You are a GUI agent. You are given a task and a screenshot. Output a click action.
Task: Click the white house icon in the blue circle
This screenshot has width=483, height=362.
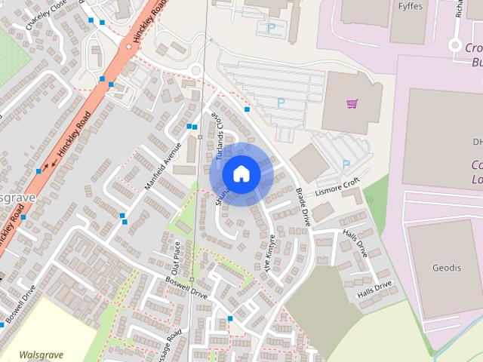241,173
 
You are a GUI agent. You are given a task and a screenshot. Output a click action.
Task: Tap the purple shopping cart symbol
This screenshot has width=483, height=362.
352,104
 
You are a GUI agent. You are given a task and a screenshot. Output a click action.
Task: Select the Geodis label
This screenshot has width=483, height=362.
446,267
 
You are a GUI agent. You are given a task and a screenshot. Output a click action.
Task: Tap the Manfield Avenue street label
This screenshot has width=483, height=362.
165,165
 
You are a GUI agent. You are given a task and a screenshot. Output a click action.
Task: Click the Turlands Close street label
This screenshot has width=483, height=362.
217,137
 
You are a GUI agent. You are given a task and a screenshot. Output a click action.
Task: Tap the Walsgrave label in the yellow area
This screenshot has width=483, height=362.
41,354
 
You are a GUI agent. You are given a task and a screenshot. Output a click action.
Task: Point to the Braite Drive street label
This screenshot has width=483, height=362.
303,207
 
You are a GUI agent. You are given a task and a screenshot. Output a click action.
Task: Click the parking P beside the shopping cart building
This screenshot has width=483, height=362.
281,102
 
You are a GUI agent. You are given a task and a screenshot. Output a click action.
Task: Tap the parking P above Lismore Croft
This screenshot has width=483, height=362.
346,164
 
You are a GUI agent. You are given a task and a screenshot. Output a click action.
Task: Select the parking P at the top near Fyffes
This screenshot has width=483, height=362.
270,28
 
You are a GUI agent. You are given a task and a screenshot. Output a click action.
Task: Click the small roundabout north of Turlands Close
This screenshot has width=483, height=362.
196,71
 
